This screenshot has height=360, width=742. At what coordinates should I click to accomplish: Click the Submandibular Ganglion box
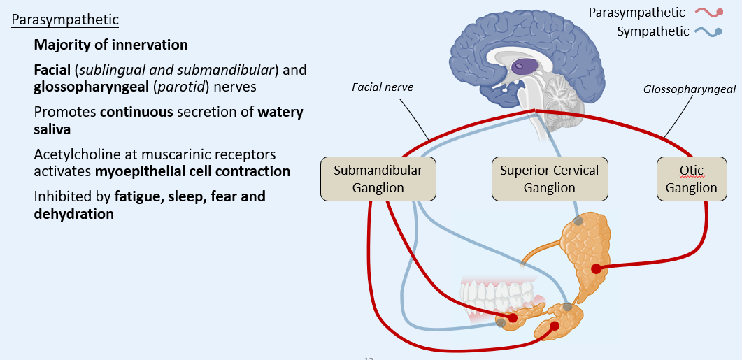(x=378, y=179)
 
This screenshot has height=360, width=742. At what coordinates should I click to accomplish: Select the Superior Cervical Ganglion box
(x=549, y=179)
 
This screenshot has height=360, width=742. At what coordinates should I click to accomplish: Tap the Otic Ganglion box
(x=691, y=179)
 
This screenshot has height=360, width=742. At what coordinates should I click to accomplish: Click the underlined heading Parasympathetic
(x=65, y=19)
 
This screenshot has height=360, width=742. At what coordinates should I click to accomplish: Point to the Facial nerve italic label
(x=383, y=87)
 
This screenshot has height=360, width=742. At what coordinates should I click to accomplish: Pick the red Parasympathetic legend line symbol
(x=708, y=12)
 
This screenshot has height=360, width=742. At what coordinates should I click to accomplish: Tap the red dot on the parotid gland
(x=596, y=268)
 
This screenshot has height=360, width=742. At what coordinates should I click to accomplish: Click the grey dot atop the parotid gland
(x=578, y=221)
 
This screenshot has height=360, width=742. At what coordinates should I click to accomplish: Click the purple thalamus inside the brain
(x=522, y=66)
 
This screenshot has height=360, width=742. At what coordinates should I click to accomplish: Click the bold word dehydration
(x=73, y=214)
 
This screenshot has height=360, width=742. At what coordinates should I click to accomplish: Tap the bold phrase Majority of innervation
(x=110, y=45)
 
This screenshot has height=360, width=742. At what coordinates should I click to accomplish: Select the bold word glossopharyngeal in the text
(x=88, y=87)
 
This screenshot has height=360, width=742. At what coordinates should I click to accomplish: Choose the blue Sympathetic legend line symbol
(x=708, y=31)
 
